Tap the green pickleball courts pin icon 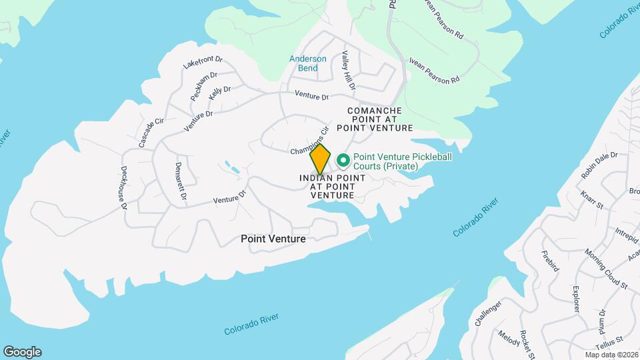coord(343,160)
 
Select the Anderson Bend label coord(308,63)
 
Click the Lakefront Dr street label coord(202,62)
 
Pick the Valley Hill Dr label coord(349,71)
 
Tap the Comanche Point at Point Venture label coord(375,119)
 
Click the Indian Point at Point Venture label coord(332,187)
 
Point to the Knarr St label coord(591,200)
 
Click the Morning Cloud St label coord(606,269)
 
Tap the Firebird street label coord(549,261)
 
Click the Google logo coord(22,352)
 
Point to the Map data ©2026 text coord(611,355)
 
